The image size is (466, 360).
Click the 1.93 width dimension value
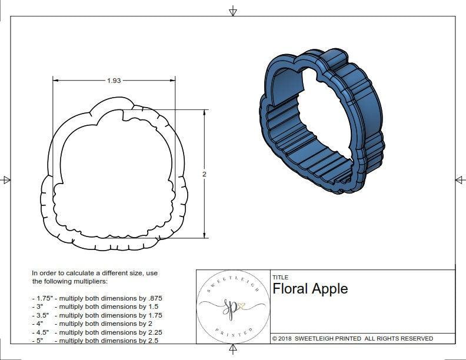click(114, 81)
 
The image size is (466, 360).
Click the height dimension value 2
click(204, 174)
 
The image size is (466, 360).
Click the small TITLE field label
click(280, 277)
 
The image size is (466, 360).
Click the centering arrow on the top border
click(233, 11)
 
